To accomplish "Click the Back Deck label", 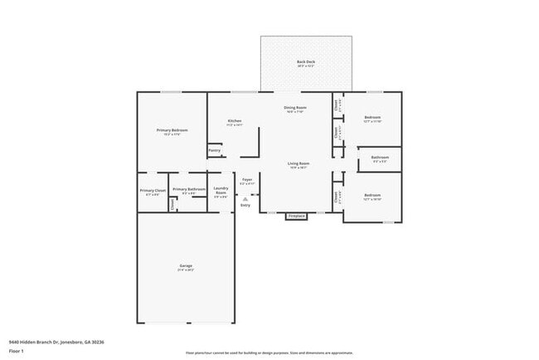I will click(x=306, y=63).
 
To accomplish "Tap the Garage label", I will click(x=185, y=265).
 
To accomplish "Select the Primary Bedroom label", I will click(x=172, y=130).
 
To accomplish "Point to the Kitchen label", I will click(x=235, y=121).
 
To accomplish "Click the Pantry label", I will click(x=215, y=150).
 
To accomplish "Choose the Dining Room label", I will click(x=296, y=108).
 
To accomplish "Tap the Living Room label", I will click(x=299, y=163).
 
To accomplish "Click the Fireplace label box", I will click(x=296, y=216).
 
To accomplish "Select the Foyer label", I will click(x=247, y=179).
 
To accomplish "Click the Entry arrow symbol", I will click(x=245, y=197).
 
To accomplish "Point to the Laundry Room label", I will click(x=221, y=191).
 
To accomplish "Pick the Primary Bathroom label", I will click(x=189, y=189).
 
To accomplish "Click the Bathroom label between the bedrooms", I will click(x=381, y=157).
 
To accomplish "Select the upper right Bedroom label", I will click(x=372, y=118).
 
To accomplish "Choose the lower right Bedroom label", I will click(x=372, y=196).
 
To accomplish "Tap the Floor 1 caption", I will click(x=16, y=351).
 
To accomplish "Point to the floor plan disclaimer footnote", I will click(x=269, y=353).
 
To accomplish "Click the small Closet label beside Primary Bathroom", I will click(x=172, y=204).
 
